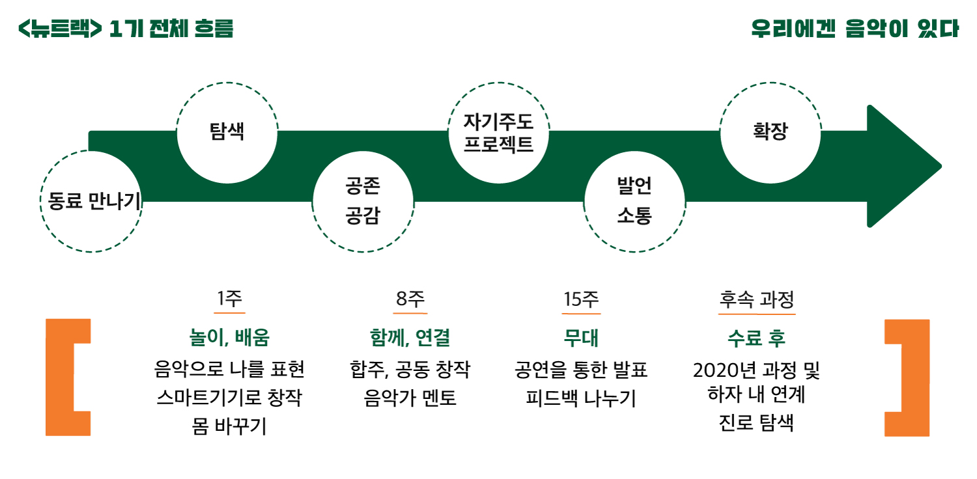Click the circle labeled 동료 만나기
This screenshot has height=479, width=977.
(92, 201)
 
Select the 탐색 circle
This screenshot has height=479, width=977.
(227, 132)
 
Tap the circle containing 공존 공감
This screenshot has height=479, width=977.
(363, 201)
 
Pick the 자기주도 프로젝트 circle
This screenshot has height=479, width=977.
(499, 132)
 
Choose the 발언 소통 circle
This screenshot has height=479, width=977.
(634, 201)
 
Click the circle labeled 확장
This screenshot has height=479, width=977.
(770, 132)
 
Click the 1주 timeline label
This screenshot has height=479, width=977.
(229, 299)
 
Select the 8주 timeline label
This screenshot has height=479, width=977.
(410, 299)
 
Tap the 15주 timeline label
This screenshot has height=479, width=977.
(581, 299)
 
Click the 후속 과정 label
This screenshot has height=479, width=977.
(757, 299)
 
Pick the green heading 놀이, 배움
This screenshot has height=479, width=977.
(229, 338)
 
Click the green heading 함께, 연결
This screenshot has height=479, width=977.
(410, 338)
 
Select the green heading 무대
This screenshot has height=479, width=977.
(581, 338)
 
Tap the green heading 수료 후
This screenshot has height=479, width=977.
(757, 338)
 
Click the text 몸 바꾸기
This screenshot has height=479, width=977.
(229, 427)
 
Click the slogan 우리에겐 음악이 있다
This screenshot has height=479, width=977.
(855, 29)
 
